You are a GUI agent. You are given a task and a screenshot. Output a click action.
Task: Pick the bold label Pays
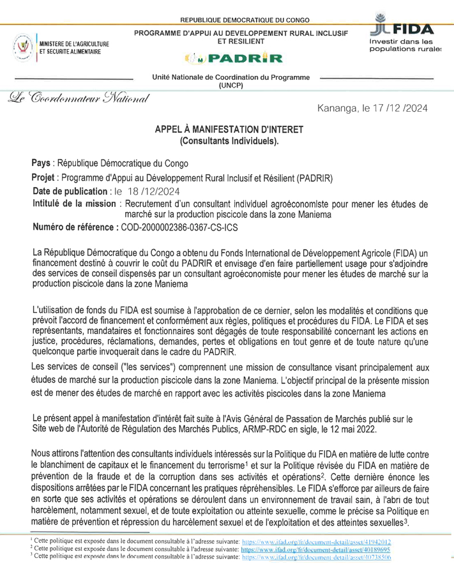43,163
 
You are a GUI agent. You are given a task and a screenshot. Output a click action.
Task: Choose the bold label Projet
45,177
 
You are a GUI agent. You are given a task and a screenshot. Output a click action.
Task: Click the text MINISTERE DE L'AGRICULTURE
75,43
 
